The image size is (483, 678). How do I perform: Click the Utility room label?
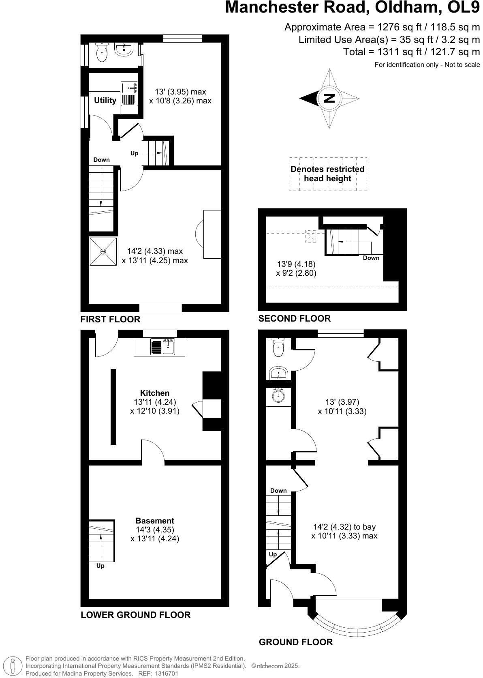click(105, 100)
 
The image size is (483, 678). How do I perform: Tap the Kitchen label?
click(155, 393)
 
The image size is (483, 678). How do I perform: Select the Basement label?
click(155, 521)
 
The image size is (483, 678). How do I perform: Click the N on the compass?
click(329, 99)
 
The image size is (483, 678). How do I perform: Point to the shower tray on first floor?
click(103, 252)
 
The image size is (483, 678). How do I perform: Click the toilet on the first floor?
click(102, 53)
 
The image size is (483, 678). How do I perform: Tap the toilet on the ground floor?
click(278, 348)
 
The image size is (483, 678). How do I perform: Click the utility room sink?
click(129, 93)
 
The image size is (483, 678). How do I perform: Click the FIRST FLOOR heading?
click(110, 319)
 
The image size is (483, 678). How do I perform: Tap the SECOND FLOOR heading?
click(295, 319)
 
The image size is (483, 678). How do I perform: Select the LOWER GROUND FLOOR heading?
click(135, 615)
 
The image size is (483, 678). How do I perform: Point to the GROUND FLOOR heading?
click(296, 642)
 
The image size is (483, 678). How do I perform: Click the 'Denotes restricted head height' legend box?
click(327, 174)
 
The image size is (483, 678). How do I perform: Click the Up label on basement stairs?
click(100, 566)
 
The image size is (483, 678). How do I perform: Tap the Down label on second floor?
click(371, 258)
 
